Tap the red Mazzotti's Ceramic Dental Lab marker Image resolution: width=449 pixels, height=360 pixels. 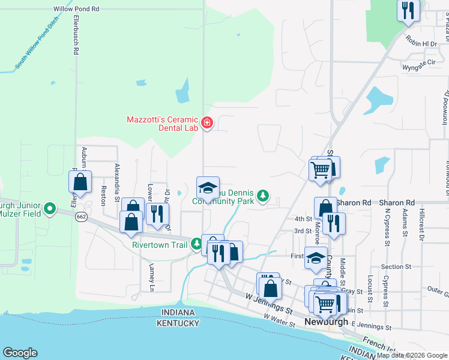coord(207,123)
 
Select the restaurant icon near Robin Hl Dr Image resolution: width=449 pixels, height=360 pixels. coord(408,11)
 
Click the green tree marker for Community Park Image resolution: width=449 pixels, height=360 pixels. coord(262,196)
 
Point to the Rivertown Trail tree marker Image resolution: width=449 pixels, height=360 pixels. coord(197,244)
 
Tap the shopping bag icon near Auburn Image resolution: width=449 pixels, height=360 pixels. coord(80,182)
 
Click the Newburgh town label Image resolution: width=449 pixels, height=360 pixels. coord(326,322)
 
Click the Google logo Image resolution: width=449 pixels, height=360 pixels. coord(20,352)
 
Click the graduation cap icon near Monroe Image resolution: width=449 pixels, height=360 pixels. coord(316,257)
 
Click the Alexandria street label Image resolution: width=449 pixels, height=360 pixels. coord(118,182)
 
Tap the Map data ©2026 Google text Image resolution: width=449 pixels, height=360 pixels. coord(411,355)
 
